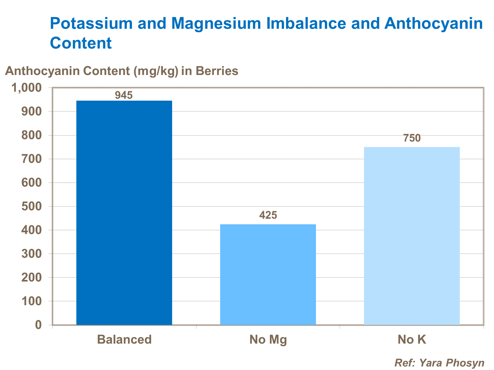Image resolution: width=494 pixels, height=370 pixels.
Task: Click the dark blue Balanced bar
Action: click(124, 212)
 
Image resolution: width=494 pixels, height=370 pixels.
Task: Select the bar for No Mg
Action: click(268, 274)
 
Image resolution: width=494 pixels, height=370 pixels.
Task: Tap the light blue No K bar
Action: click(412, 236)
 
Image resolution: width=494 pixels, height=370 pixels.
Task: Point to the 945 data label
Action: click(124, 95)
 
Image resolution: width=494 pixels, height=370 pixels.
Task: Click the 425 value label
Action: click(268, 215)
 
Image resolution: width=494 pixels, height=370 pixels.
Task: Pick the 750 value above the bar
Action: click(412, 138)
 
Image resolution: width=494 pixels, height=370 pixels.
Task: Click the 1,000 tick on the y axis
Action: click(27, 88)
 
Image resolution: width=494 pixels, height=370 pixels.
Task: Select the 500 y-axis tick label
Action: click(32, 207)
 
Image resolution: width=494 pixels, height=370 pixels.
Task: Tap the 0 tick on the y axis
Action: click(39, 325)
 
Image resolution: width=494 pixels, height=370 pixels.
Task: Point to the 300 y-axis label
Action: click(32, 254)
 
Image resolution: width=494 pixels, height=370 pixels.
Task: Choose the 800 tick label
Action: click(32, 136)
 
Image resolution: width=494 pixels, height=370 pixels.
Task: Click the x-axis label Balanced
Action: click(124, 339)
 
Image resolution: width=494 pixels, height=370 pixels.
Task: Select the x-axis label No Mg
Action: click(268, 339)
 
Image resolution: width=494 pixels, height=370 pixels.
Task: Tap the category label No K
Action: click(412, 339)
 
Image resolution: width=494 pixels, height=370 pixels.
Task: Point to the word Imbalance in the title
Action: click(306, 24)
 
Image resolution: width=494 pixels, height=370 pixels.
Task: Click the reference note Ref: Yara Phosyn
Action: click(439, 363)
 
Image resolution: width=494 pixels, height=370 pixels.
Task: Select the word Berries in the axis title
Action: click(217, 71)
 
